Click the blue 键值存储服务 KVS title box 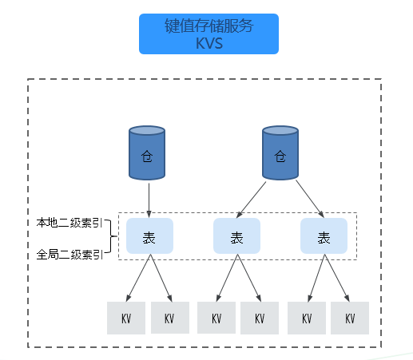208,34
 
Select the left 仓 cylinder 147,152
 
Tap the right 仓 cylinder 280,152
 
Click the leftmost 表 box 149,235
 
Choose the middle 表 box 236,235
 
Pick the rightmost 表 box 324,235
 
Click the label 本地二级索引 69,223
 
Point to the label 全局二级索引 69,255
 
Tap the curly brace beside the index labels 111,236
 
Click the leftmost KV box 126,318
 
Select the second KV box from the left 170,318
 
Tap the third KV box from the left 216,318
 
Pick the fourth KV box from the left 260,318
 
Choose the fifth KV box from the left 307,318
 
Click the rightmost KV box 350,318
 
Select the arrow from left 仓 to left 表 149,200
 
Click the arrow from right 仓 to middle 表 251,200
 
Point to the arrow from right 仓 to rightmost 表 310,199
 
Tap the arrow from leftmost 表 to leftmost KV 138,278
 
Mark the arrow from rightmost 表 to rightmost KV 337,278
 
